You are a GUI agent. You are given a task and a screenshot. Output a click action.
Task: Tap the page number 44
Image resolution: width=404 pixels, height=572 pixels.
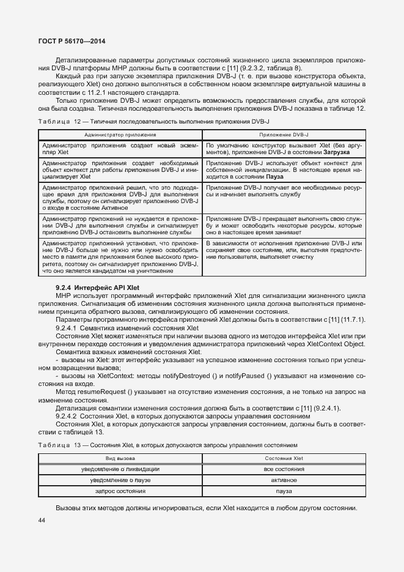42,521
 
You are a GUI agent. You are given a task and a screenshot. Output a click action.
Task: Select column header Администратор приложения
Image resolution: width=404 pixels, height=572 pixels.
120,134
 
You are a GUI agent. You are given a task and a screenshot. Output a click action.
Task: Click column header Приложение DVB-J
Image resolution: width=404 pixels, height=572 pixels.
284,134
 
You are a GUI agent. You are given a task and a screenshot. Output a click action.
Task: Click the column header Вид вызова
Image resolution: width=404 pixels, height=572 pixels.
120,458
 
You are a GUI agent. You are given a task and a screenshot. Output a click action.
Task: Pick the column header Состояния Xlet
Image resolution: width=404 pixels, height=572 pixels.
284,458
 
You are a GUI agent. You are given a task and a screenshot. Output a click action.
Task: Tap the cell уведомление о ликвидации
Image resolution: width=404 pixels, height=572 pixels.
120,469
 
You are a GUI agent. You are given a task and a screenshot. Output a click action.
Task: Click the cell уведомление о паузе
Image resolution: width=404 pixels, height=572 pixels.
120,480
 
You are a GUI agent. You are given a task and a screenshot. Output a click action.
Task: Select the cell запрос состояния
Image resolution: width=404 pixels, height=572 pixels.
120,491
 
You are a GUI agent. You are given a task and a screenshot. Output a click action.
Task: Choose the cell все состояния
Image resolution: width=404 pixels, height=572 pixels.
284,469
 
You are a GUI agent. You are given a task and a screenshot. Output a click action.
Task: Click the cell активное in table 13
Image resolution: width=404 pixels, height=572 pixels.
284,480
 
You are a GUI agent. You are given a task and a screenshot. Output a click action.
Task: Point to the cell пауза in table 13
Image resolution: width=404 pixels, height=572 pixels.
284,491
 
